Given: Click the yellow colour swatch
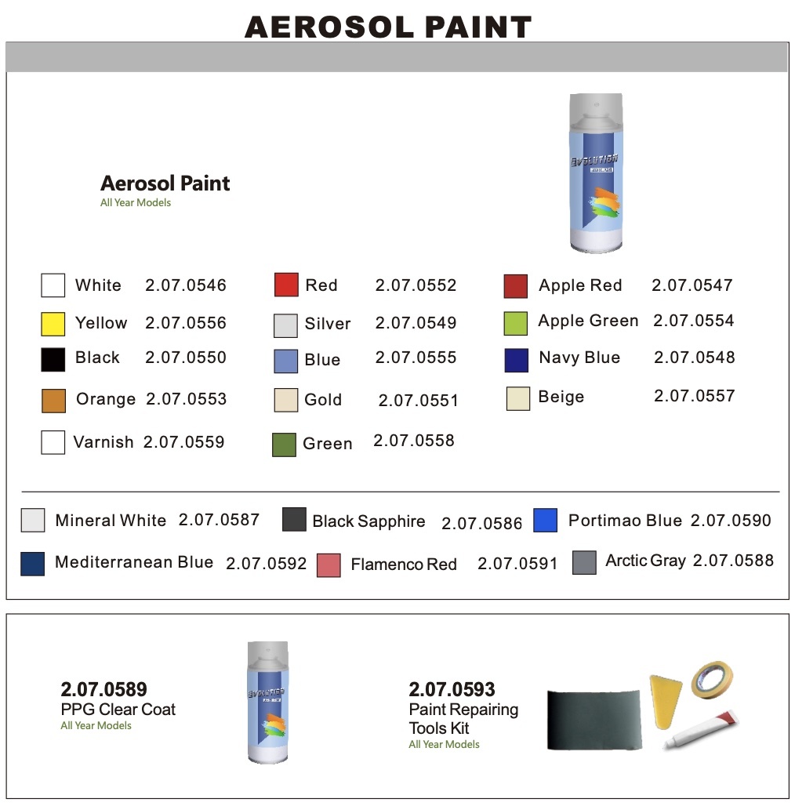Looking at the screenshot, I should [x=53, y=324].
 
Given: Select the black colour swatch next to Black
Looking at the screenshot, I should [x=53, y=359].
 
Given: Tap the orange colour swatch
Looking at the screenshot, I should [x=53, y=400].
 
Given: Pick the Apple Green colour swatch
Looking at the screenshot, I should [x=515, y=322].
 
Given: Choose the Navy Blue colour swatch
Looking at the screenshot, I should [x=517, y=360].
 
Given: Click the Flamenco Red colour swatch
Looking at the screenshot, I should [x=329, y=565].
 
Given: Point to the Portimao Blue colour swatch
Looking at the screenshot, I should [x=545, y=521].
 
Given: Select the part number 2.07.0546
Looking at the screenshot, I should [x=186, y=285].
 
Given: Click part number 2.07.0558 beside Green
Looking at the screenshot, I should [x=414, y=441].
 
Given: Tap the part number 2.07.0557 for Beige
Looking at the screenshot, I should [x=694, y=396].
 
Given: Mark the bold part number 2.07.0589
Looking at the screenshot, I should [x=103, y=690].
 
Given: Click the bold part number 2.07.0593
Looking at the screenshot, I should [x=452, y=690].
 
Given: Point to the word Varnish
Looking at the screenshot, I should [x=103, y=442].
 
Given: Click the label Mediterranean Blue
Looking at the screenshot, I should [x=134, y=562].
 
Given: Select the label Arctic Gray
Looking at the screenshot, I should [x=645, y=561].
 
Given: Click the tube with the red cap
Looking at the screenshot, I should [x=702, y=728].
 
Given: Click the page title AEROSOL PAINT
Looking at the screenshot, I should [x=388, y=27].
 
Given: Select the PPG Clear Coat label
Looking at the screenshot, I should [x=118, y=710].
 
